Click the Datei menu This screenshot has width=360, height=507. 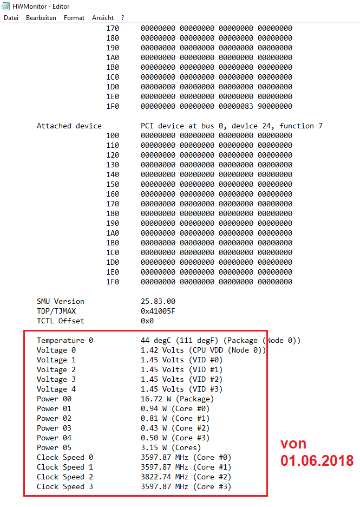[x=11, y=18]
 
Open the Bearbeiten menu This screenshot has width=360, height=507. [x=41, y=18]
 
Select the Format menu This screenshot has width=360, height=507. [x=74, y=18]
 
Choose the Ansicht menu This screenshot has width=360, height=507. [x=103, y=18]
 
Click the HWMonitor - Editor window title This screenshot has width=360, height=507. [x=41, y=6]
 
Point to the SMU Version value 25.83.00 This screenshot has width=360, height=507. [x=158, y=301]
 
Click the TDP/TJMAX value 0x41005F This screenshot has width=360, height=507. [x=158, y=311]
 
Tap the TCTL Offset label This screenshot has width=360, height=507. [x=61, y=321]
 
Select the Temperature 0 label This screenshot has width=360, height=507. [x=65, y=340]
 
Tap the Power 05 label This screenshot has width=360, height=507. [x=54, y=447]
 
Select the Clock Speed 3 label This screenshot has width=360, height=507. [x=65, y=486]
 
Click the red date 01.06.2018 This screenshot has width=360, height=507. [x=317, y=461]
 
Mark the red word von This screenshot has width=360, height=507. [x=293, y=444]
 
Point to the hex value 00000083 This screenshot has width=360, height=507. [x=236, y=106]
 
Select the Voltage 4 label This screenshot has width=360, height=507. [x=56, y=389]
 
